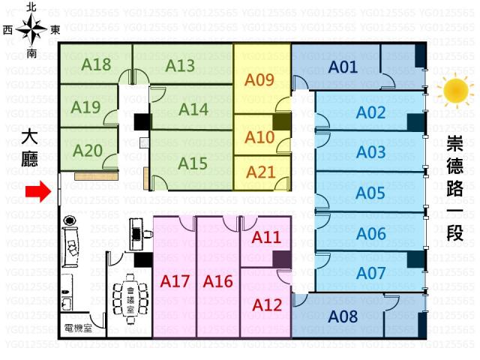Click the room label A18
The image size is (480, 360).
pos(96,64)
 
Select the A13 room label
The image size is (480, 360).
pos(180,65)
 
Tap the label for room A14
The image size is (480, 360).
pos(193,109)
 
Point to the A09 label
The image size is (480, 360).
pos(260,79)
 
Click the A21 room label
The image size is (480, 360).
pos(260,172)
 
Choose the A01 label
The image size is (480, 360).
pos(343,67)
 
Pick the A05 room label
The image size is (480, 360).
pos(370,192)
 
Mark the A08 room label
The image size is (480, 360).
pos(343,316)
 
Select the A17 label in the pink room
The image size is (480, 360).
pos(175,282)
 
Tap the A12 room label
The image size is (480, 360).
pos(266,305)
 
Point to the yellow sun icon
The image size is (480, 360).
pos(454,91)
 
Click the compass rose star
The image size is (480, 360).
pos(32,30)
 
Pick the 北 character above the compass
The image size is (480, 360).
pos(31,7)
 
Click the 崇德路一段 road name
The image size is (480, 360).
pos(454,187)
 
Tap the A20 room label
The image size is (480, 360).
pos(88,150)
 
